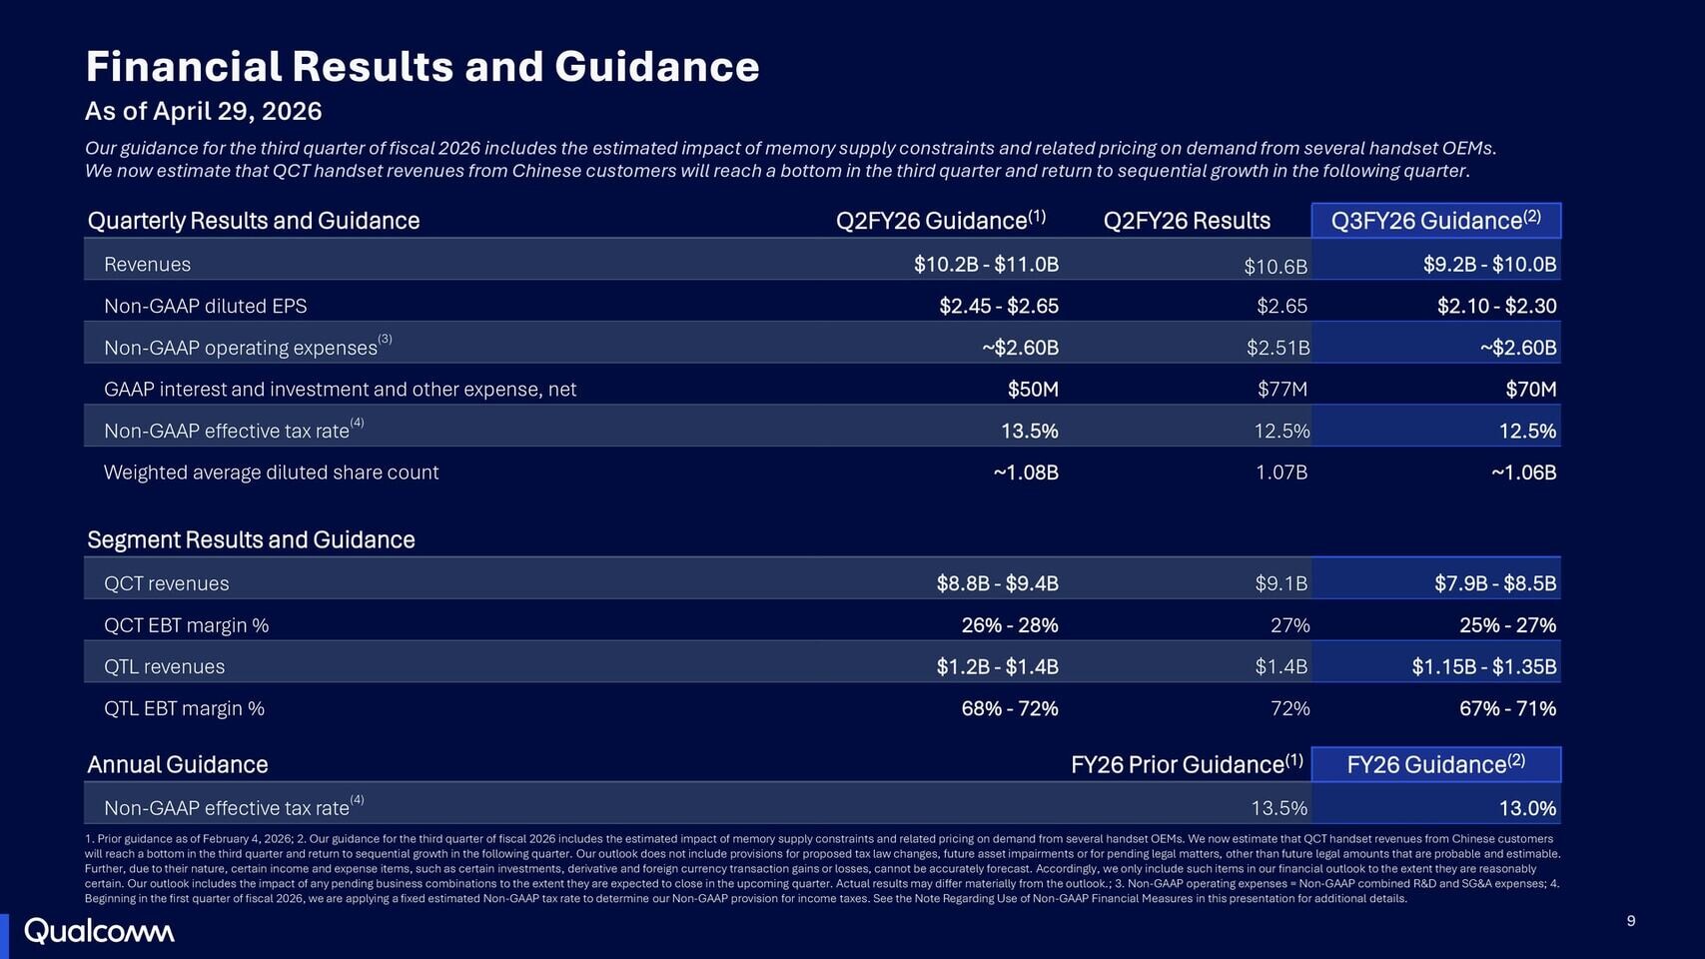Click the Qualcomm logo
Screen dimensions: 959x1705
click(x=99, y=931)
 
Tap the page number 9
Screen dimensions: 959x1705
click(x=1631, y=921)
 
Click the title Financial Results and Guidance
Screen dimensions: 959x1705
click(x=423, y=67)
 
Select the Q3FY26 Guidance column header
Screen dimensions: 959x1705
click(x=1435, y=221)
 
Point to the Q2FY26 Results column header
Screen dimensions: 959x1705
click(x=1187, y=221)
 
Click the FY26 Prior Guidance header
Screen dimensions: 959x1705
click(x=1187, y=765)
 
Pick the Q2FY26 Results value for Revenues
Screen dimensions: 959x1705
click(x=1276, y=266)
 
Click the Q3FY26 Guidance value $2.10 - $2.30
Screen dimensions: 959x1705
click(x=1496, y=307)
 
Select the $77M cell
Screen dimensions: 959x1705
click(x=1282, y=390)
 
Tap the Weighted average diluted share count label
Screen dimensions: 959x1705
click(x=271, y=473)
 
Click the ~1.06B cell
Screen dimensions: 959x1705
click(x=1523, y=473)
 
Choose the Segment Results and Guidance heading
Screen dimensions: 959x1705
click(x=251, y=540)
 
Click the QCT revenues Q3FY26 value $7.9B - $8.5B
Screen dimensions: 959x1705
click(x=1495, y=583)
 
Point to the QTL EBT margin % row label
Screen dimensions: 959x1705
click(x=184, y=709)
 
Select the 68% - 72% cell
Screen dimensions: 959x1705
click(x=1009, y=709)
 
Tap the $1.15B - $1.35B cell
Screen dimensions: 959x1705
click(x=1483, y=667)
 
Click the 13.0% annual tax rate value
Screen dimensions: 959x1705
click(x=1527, y=808)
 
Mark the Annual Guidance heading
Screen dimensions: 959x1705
click(x=178, y=765)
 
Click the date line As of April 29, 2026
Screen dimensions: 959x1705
click(x=204, y=111)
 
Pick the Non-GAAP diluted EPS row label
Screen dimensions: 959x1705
click(x=205, y=307)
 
